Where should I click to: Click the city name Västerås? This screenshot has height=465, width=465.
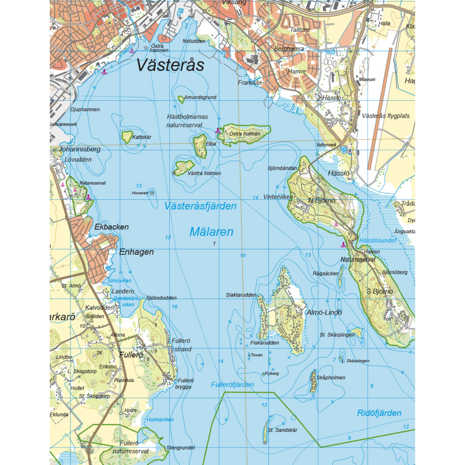click(x=170, y=65)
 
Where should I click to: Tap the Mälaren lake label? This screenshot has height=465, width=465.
click(x=211, y=232)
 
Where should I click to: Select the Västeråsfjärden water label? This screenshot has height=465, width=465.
click(x=200, y=206)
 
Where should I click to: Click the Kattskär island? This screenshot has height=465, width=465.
click(x=127, y=136)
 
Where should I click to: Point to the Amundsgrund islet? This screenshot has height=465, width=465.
click(x=181, y=99)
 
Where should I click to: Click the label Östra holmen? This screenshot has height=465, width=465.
click(x=245, y=134)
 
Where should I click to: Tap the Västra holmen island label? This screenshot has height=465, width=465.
click(x=204, y=173)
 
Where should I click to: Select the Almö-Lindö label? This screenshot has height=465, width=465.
click(x=324, y=312)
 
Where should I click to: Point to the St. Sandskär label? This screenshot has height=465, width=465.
click(x=282, y=430)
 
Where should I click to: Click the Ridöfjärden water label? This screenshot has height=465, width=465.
click(x=379, y=413)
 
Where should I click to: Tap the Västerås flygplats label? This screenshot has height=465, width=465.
click(x=386, y=116)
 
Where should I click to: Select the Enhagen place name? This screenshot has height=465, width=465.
click(x=136, y=252)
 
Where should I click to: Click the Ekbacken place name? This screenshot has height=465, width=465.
click(x=111, y=227)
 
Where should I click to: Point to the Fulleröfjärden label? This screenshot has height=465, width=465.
click(x=232, y=384)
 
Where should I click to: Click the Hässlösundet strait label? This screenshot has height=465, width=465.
click(x=377, y=240)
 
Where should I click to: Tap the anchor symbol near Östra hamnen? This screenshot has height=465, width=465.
click(x=132, y=51)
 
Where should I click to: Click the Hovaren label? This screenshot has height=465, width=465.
click(x=140, y=193)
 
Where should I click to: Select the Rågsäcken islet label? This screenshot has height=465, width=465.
click(x=325, y=273)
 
